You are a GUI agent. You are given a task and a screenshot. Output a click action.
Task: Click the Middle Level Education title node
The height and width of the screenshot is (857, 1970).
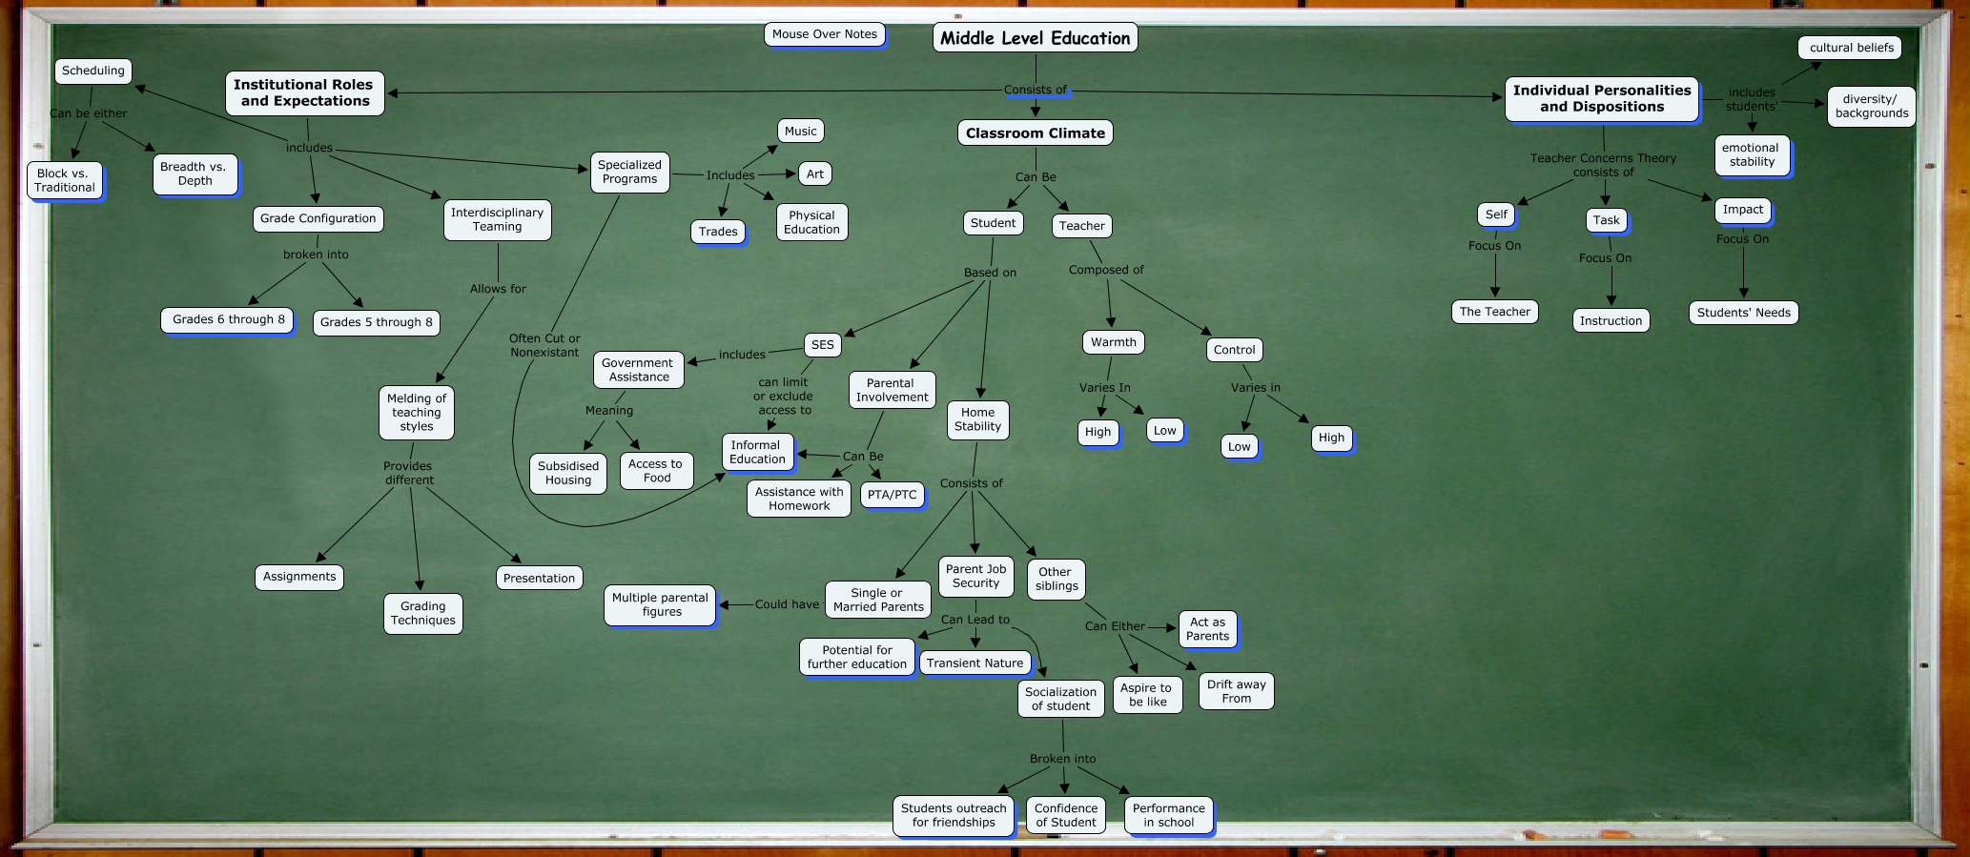coord(1035,38)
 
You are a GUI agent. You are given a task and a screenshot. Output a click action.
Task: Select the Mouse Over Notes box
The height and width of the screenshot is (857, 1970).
coord(825,34)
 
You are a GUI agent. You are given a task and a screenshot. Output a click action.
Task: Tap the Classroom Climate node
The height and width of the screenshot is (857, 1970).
coord(1035,133)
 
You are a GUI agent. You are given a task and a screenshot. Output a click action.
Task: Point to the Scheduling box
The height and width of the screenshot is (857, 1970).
coord(92,71)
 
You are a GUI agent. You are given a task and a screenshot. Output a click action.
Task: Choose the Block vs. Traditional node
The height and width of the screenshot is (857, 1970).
coord(64,180)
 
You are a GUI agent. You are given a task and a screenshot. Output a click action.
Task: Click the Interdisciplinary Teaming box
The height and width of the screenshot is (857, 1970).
coord(497,219)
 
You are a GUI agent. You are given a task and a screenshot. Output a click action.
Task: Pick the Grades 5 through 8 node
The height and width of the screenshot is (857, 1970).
coord(376,322)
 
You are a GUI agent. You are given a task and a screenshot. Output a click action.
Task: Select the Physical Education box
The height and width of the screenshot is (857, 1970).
coord(811,222)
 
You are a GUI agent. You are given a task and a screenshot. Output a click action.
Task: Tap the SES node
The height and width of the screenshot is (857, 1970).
coord(822,345)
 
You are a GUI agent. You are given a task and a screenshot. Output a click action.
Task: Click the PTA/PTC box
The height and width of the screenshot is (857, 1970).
coord(892,495)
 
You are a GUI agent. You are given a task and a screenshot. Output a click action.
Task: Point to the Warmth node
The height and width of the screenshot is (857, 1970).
coord(1113,342)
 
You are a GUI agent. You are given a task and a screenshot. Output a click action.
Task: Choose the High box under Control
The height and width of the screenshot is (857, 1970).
coord(1331,438)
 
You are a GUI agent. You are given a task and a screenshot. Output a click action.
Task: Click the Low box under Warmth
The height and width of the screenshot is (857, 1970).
coord(1164,431)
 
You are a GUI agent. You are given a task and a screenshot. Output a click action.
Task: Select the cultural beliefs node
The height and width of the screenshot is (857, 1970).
coord(1851,48)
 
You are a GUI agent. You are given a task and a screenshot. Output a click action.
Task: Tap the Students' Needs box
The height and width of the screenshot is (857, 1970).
coord(1743,313)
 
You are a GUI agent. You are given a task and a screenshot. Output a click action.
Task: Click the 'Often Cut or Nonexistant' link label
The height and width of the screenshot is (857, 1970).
coord(544,345)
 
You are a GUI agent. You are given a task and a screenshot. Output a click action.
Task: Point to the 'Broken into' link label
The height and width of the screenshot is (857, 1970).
coord(1062,759)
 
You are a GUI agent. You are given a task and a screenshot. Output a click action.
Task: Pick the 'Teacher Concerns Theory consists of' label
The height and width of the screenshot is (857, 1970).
coord(1603,165)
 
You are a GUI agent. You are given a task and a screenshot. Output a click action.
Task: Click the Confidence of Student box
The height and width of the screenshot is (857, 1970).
coord(1065,815)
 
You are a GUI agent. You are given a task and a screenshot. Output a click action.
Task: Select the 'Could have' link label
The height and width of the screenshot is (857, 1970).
coord(787,604)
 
